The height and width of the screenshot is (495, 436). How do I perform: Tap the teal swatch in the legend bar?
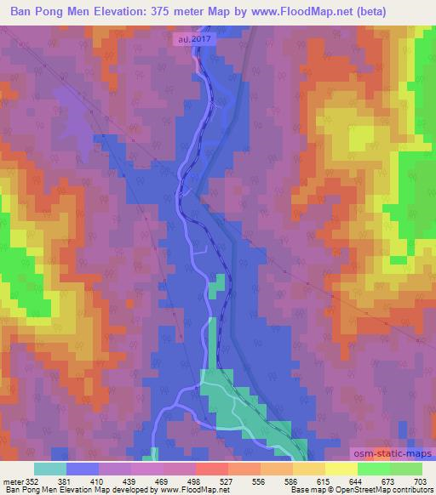50,469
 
